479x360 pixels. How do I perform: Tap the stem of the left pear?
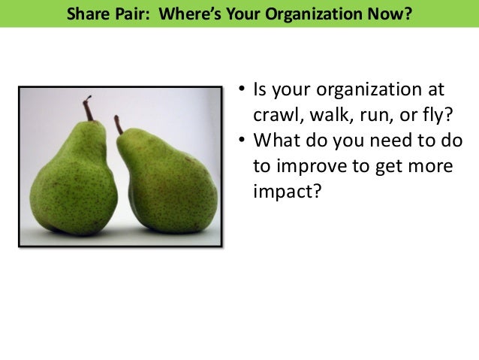(89, 110)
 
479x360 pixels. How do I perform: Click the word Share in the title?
(85, 14)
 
